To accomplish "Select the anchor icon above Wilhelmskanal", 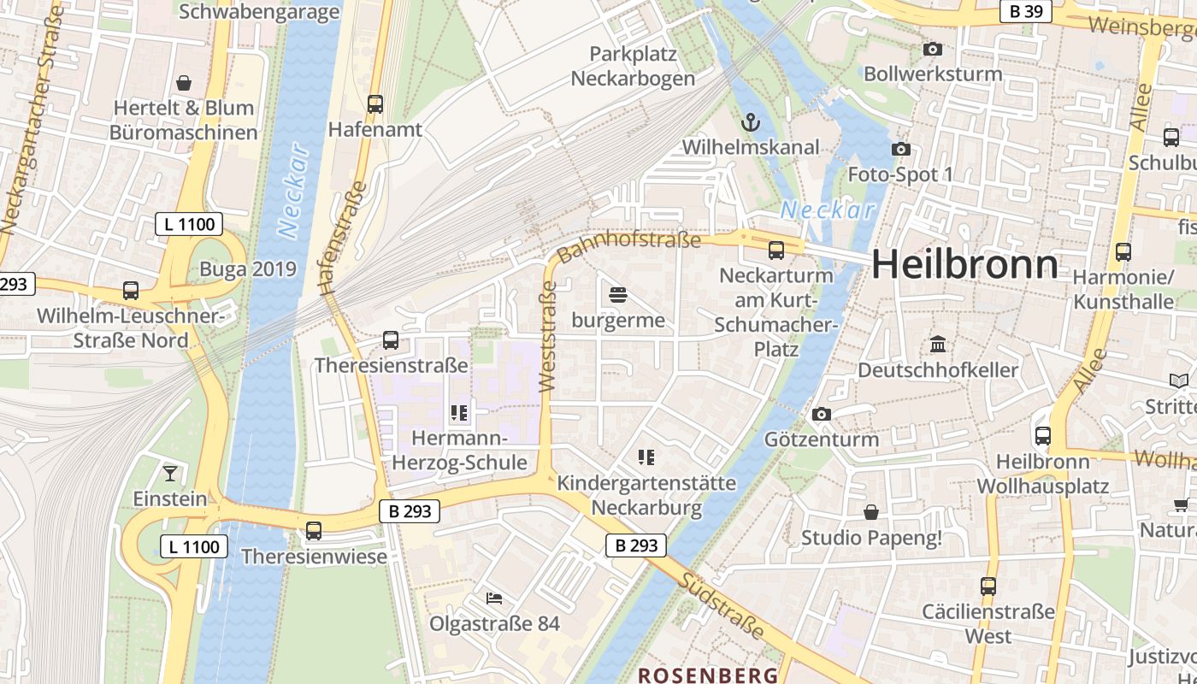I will pyautogui.click(x=750, y=122).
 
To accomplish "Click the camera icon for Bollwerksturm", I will pyautogui.click(x=933, y=50).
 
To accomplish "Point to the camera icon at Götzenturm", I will pyautogui.click(x=821, y=415).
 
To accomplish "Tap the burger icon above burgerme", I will pyautogui.click(x=618, y=296).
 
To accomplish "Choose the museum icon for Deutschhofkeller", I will pyautogui.click(x=938, y=345).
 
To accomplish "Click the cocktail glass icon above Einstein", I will pyautogui.click(x=170, y=473).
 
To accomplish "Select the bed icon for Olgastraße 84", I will pyautogui.click(x=494, y=598).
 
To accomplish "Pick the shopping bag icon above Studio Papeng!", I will pyautogui.click(x=870, y=512).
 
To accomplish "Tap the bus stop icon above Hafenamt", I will pyautogui.click(x=374, y=104).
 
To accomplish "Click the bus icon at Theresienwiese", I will pyautogui.click(x=314, y=531).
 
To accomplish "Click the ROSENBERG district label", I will pyautogui.click(x=708, y=675).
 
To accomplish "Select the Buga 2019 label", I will pyautogui.click(x=247, y=269).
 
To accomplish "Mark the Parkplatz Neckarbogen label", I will pyautogui.click(x=633, y=66).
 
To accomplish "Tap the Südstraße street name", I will pyautogui.click(x=722, y=605).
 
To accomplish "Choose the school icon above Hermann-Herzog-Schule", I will pyautogui.click(x=459, y=414).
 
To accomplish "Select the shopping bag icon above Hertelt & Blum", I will pyautogui.click(x=183, y=83).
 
